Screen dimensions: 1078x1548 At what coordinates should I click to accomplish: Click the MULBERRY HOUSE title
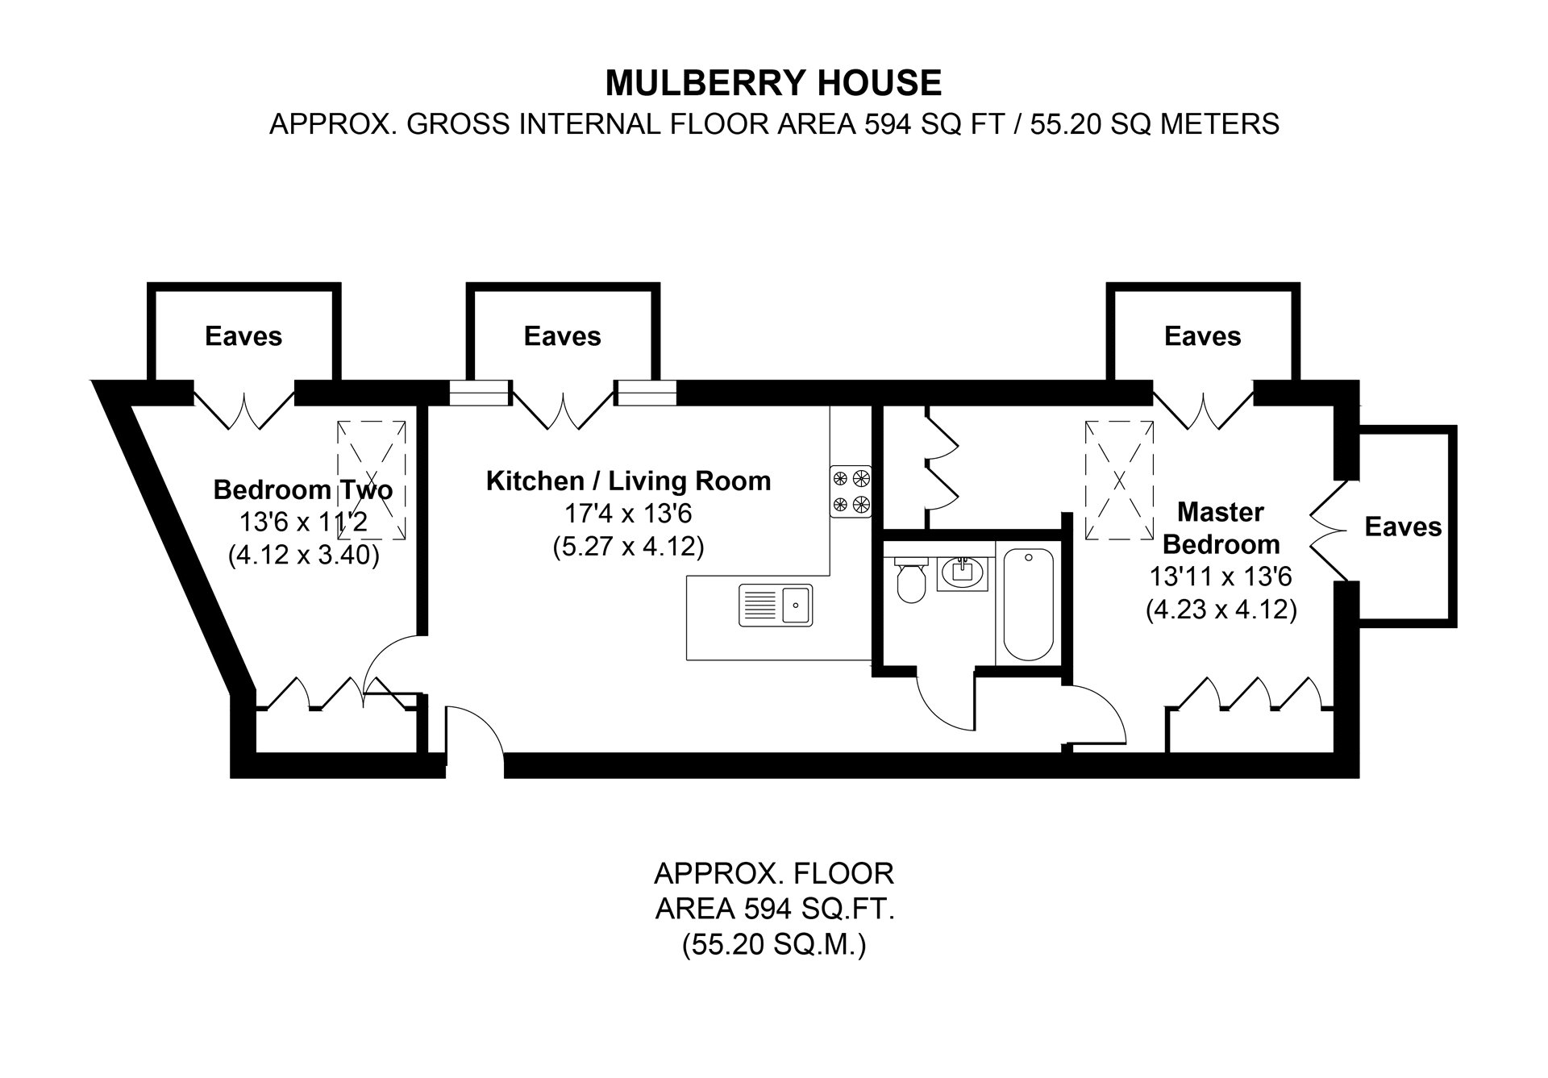(x=773, y=83)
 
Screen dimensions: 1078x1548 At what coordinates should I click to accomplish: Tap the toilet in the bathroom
(x=912, y=581)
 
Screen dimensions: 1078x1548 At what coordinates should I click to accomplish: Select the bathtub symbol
(x=1028, y=604)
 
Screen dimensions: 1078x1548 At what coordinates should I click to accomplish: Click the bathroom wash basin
(x=963, y=573)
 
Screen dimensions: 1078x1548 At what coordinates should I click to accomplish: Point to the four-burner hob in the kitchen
(x=851, y=491)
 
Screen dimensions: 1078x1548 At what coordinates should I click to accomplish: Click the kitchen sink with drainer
(x=776, y=605)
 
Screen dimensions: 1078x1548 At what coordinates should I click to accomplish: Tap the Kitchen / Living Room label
(x=628, y=481)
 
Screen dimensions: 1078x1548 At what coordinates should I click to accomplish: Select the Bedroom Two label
(x=302, y=489)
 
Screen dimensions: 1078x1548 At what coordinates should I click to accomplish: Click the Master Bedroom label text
(x=1221, y=528)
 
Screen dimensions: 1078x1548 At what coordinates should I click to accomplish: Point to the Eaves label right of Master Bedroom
(x=1403, y=527)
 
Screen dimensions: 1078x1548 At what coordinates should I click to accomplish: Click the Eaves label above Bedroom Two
(x=243, y=336)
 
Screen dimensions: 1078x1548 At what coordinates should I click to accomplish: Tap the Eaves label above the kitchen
(x=562, y=336)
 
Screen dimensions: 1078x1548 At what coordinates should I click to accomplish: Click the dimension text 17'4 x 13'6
(x=628, y=514)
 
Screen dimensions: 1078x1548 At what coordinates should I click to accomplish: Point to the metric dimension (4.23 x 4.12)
(x=1221, y=610)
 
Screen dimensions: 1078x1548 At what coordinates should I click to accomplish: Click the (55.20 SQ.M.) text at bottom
(x=773, y=945)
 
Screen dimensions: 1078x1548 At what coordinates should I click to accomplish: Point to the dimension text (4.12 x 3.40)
(x=303, y=556)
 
